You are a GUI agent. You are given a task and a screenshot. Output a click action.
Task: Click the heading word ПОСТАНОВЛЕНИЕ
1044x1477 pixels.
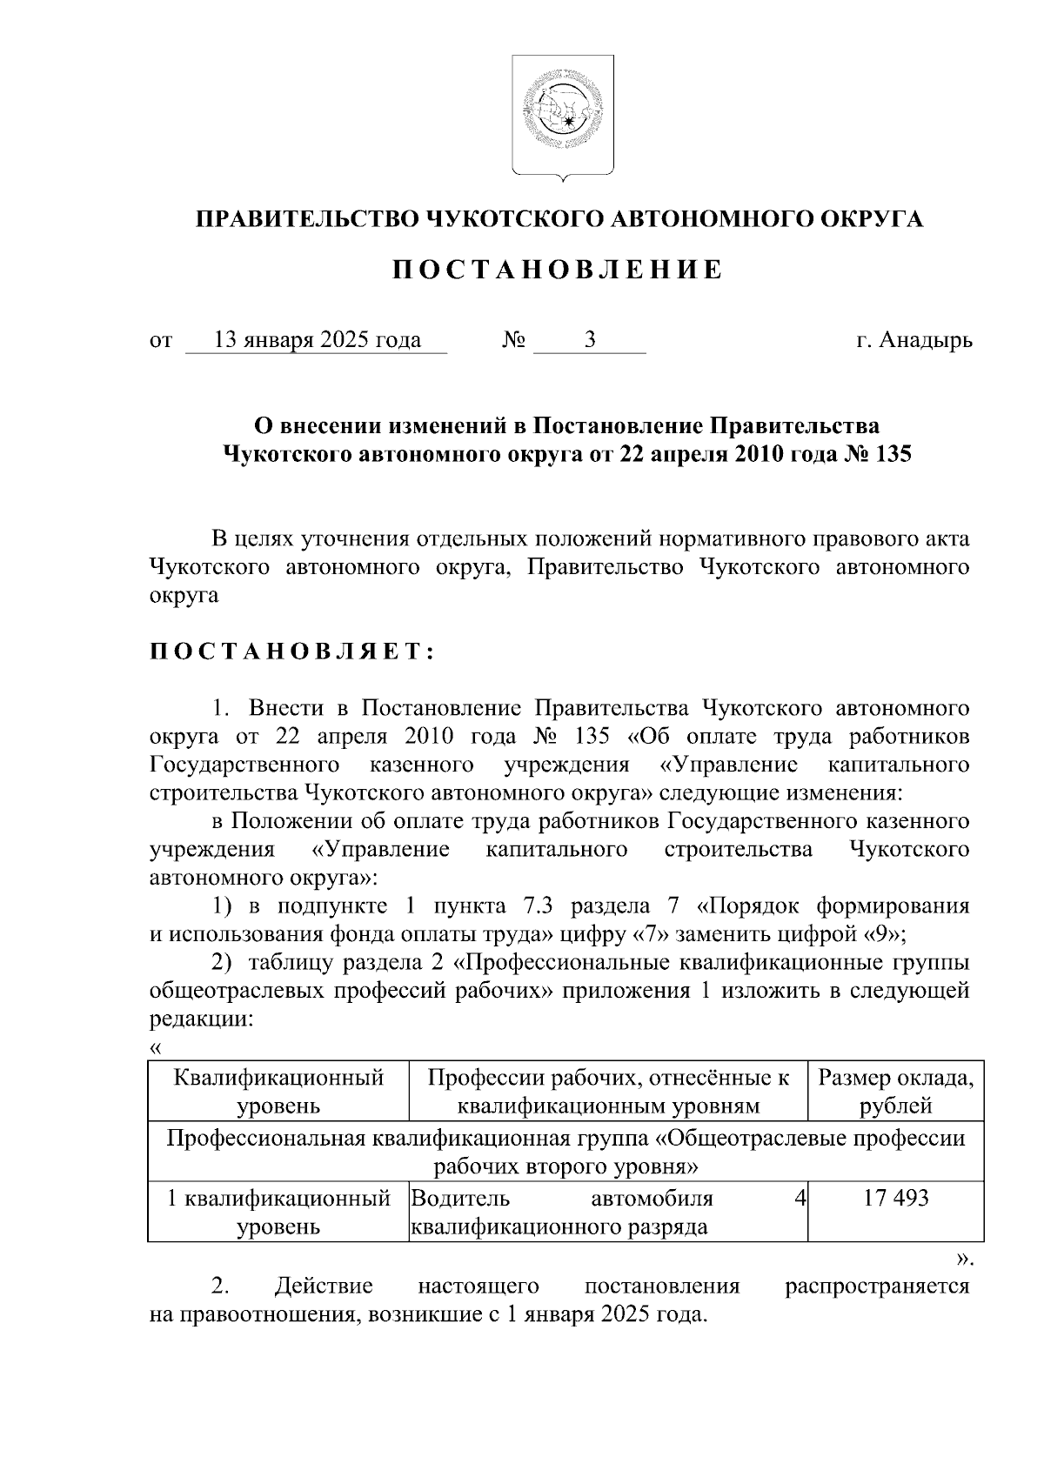pyautogui.click(x=558, y=271)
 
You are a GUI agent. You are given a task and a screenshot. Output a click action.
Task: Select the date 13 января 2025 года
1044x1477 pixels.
pyautogui.click(x=318, y=340)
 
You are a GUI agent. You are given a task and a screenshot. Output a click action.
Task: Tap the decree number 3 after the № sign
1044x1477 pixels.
pyautogui.click(x=590, y=340)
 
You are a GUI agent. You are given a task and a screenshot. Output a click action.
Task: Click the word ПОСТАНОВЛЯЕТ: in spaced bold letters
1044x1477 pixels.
pyautogui.click(x=291, y=653)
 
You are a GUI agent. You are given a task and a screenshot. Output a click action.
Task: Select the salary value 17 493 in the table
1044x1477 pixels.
pyautogui.click(x=895, y=1199)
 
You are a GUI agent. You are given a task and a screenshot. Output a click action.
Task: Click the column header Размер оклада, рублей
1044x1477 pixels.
pyautogui.click(x=895, y=1092)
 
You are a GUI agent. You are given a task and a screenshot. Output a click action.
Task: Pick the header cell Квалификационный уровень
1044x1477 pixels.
pyautogui.click(x=278, y=1092)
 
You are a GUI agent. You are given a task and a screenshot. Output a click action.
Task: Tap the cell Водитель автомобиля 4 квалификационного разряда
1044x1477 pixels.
pyautogui.click(x=607, y=1213)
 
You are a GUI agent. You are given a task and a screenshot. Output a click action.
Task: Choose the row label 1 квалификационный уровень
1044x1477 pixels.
pyautogui.click(x=278, y=1213)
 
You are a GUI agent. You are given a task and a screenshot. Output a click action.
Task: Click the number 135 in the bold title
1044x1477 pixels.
pyautogui.click(x=890, y=454)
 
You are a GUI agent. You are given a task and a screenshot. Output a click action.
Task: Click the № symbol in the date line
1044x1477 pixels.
pyautogui.click(x=513, y=340)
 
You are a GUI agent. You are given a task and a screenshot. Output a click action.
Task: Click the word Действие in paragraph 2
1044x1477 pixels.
pyautogui.click(x=323, y=1286)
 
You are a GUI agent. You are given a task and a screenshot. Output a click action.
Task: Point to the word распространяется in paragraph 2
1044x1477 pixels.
pyautogui.click(x=877, y=1286)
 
